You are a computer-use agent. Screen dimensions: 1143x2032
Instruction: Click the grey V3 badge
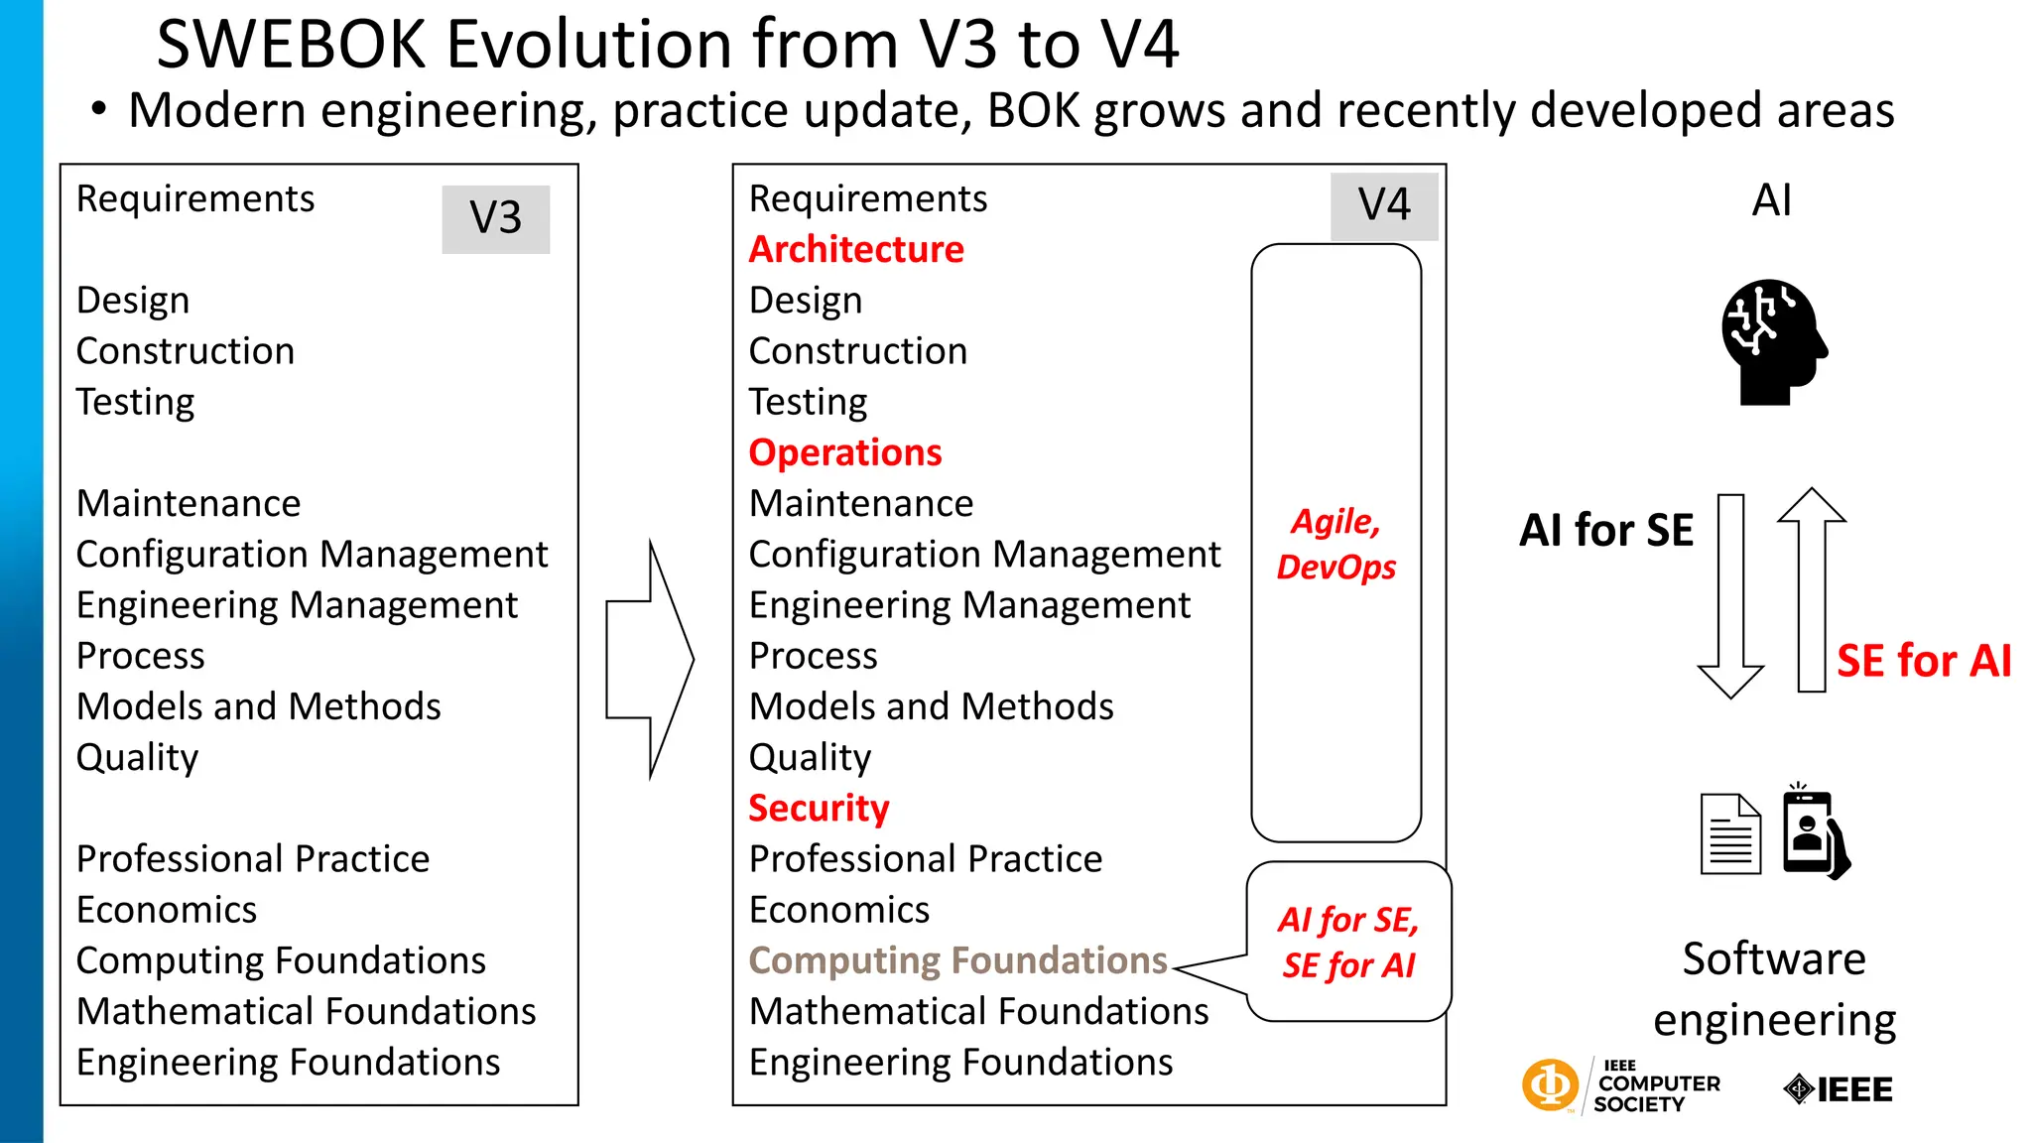495,218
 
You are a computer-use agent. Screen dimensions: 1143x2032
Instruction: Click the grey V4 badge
1384,205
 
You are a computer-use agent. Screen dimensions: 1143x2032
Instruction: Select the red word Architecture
855,249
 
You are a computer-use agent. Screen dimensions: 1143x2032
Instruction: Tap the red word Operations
844,452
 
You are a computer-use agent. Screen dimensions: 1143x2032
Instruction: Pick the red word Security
819,808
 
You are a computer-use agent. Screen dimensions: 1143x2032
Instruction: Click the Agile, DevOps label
1335,544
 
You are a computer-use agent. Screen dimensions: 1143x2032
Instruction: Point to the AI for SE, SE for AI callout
1348,942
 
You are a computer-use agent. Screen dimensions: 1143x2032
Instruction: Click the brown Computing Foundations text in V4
957,960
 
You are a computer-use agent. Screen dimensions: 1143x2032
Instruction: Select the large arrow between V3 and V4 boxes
650,659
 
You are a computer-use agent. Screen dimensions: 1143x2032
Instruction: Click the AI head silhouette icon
1773,341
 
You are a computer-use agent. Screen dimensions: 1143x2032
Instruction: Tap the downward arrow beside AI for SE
1730,595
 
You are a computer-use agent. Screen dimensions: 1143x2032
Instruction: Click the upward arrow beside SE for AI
1812,589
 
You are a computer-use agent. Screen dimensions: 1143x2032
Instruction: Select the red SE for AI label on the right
1924,661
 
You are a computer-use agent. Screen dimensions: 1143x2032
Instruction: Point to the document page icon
1730,834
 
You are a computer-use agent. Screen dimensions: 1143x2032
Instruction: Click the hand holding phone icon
1815,831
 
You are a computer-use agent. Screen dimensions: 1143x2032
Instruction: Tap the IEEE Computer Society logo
1620,1086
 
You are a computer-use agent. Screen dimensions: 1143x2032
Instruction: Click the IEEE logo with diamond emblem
1839,1089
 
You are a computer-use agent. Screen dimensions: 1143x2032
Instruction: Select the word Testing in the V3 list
136,402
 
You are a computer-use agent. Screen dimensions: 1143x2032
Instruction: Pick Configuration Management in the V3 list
312,555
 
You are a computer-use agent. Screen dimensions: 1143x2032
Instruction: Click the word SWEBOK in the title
291,45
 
